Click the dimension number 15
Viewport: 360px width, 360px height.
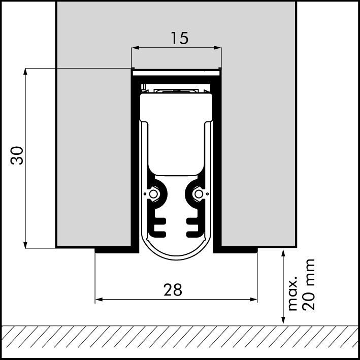[x=180, y=38]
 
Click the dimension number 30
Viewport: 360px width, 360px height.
[x=17, y=155]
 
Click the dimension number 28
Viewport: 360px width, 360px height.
[x=173, y=290]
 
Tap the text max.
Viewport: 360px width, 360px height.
[x=292, y=293]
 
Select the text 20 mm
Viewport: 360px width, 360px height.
[x=308, y=285]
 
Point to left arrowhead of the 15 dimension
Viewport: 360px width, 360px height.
[x=136, y=48]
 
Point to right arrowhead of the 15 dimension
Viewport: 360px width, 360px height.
[x=217, y=48]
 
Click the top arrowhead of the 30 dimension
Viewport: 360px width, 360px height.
[x=25, y=72]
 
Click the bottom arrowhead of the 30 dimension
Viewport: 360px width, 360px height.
[x=25, y=245]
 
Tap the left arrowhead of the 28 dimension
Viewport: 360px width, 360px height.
[x=99, y=300]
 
